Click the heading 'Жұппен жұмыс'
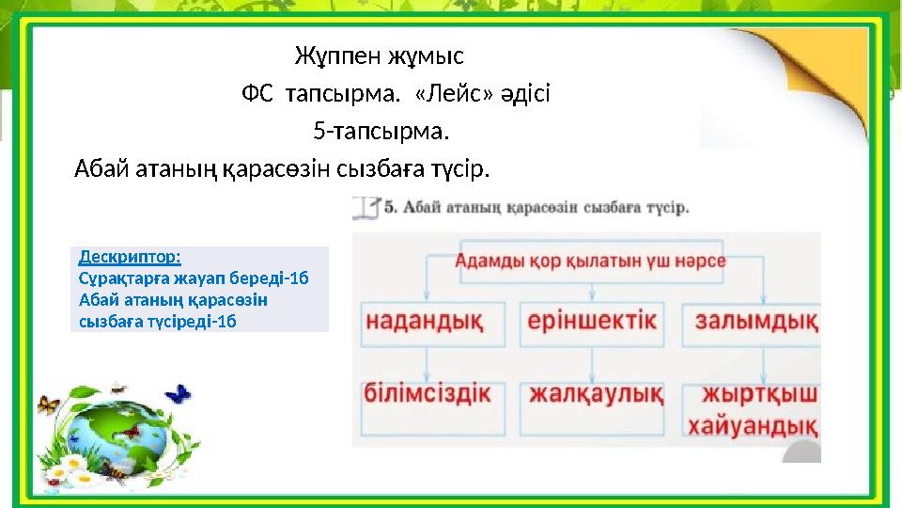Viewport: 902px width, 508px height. pyautogui.click(x=379, y=56)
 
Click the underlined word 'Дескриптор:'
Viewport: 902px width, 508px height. pyautogui.click(x=131, y=256)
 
